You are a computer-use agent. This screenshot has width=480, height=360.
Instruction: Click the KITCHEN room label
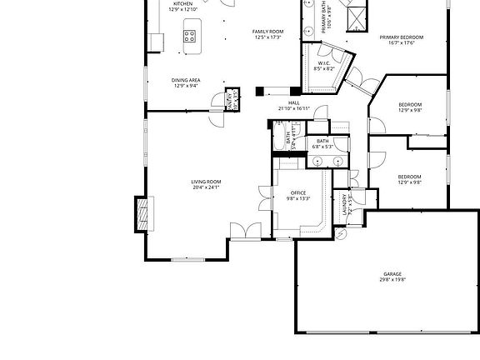183,3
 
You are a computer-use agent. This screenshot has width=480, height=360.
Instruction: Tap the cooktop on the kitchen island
189,36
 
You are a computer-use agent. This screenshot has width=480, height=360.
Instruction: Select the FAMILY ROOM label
268,32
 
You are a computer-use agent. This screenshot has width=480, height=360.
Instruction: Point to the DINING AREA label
186,80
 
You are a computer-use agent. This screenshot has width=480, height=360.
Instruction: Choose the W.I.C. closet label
324,62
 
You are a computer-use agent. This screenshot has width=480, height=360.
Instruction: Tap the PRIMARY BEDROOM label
402,37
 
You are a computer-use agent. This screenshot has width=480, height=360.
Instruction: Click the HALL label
294,102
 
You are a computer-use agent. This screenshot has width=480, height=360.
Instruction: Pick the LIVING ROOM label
206,182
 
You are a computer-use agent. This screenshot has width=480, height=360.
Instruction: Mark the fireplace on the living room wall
144,212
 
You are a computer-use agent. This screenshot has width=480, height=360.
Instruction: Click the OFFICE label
297,192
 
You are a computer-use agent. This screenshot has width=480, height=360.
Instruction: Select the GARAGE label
392,273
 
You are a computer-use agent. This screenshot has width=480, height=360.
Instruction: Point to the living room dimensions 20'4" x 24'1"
206,187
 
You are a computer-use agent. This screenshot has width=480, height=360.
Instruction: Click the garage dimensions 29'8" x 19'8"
392,279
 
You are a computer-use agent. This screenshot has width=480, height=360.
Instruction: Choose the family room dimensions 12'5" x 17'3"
268,37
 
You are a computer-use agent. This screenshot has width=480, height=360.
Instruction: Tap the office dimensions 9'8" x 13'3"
297,198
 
